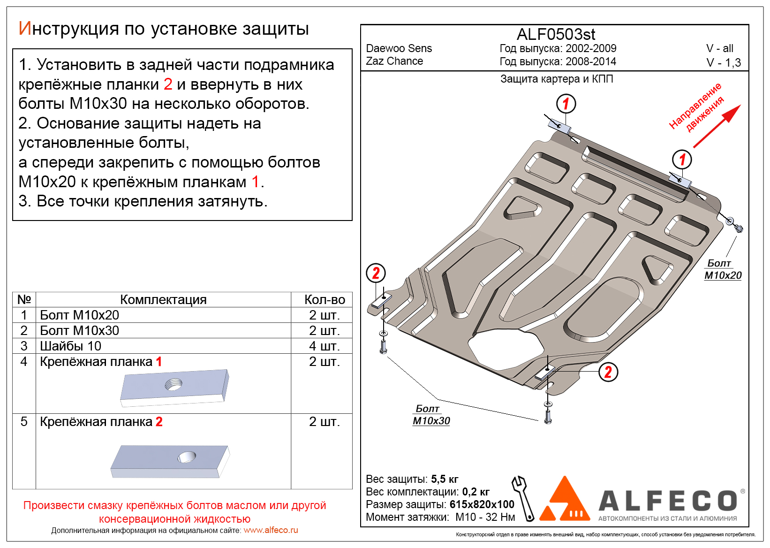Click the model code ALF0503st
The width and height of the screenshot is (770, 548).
[556, 34]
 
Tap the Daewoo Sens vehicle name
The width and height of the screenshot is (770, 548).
[399, 48]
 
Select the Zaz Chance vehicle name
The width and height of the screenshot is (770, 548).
[394, 61]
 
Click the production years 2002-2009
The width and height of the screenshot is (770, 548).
[591, 48]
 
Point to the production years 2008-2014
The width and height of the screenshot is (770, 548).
[591, 61]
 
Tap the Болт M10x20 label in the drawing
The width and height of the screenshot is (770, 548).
[723, 270]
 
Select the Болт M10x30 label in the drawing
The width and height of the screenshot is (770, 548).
[431, 415]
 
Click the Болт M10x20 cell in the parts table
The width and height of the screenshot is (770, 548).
[79, 315]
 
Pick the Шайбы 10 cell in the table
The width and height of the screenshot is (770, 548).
[70, 346]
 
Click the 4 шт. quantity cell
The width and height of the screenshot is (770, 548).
[324, 346]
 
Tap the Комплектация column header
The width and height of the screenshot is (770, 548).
[163, 299]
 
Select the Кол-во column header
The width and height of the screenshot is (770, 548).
[325, 299]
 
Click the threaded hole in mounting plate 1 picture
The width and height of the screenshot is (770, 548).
[174, 385]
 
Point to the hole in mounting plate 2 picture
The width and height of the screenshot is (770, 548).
[187, 457]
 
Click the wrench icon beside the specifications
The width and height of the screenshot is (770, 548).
[523, 498]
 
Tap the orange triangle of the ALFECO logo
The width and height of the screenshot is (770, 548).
[565, 501]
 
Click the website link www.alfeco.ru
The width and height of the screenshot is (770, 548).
[271, 530]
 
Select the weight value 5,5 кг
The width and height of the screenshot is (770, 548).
[445, 479]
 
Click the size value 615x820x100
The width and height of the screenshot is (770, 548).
[482, 504]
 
